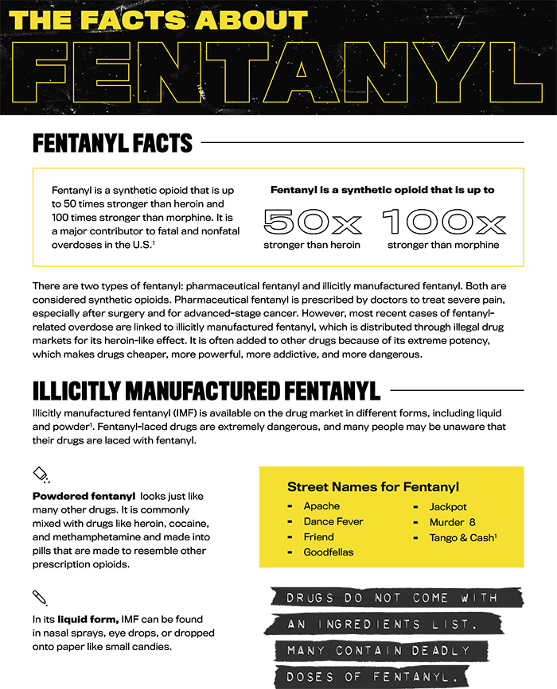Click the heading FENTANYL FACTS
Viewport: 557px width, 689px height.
tap(112, 144)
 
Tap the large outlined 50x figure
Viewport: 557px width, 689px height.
tap(312, 222)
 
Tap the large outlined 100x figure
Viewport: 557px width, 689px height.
tap(443, 222)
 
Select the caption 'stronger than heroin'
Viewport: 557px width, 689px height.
tap(312, 245)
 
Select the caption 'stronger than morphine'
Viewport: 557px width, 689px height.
tap(443, 245)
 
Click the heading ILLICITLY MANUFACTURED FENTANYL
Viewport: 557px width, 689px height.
tap(206, 390)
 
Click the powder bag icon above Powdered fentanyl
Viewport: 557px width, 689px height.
tap(41, 475)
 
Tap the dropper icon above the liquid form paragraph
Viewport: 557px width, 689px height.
tap(39, 597)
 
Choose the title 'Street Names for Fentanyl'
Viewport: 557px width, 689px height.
tap(372, 486)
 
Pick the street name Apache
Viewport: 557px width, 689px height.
tap(321, 506)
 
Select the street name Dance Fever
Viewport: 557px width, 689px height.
tap(333, 521)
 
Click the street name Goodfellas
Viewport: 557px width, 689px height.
tap(329, 552)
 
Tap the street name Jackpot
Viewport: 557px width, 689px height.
tap(448, 506)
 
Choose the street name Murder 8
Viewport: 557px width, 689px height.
tap(452, 521)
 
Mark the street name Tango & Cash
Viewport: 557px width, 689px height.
tap(462, 537)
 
